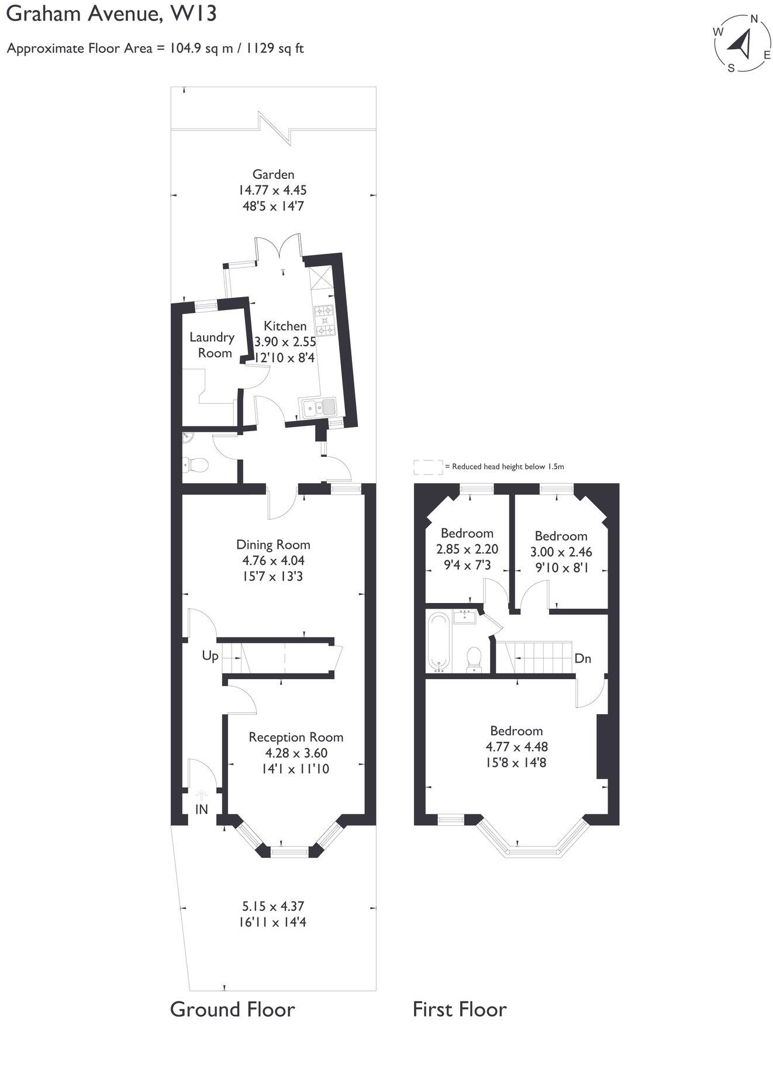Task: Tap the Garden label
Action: click(x=273, y=174)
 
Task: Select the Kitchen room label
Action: click(x=285, y=326)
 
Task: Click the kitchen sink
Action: click(x=318, y=406)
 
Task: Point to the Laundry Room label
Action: click(x=212, y=345)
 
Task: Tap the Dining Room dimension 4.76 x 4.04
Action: click(x=273, y=560)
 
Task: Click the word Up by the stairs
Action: click(x=210, y=656)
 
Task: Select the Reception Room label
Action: click(x=296, y=737)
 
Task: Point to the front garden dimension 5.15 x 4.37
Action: click(x=273, y=906)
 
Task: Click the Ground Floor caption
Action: click(x=232, y=1009)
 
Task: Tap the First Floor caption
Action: click(x=460, y=1009)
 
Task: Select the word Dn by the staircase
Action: click(x=582, y=659)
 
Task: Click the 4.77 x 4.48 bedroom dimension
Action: click(x=516, y=747)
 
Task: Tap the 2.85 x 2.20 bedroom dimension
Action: click(x=467, y=549)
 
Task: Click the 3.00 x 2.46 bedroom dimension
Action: click(x=561, y=552)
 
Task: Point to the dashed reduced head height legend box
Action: click(x=428, y=467)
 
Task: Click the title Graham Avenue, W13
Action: click(x=111, y=13)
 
